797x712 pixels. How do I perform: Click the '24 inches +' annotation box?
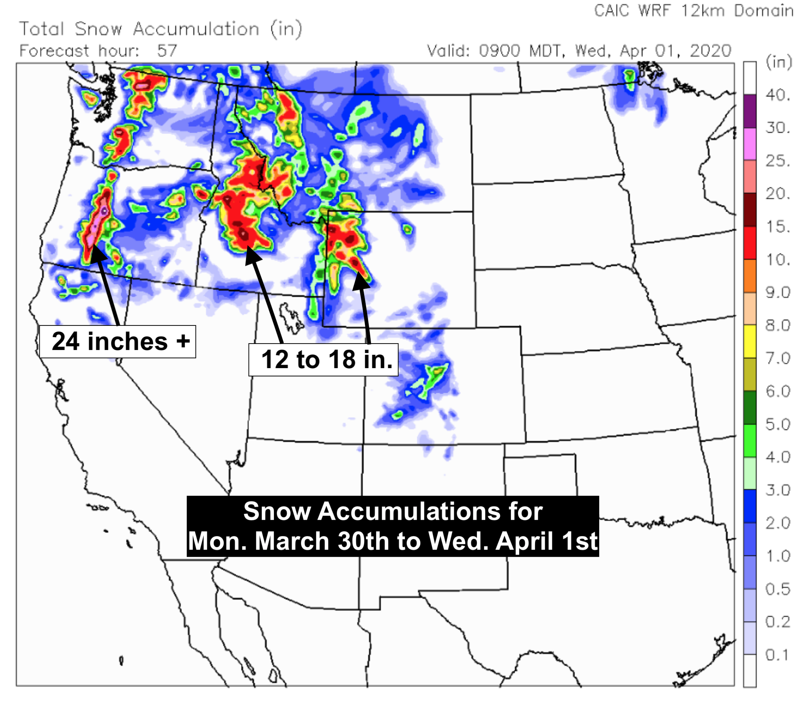coord(117,341)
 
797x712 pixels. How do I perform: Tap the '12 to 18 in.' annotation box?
coord(323,359)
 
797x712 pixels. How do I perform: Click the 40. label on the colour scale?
coord(777,95)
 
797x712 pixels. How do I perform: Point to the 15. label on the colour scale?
coord(777,227)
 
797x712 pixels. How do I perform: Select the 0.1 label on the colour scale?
coord(777,655)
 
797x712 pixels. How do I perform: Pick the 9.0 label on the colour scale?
coord(777,292)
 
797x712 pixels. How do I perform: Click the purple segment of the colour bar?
coord(750,111)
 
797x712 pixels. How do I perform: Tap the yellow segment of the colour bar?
coord(750,341)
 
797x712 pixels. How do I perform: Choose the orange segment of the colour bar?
coord(750,276)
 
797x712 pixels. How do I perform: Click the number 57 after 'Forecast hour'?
coord(167,51)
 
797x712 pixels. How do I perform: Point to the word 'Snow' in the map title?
coord(98,29)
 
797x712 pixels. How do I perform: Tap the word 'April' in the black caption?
coord(526,541)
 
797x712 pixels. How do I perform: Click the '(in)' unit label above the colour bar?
coord(778,62)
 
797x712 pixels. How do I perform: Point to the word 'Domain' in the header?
coord(763,11)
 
